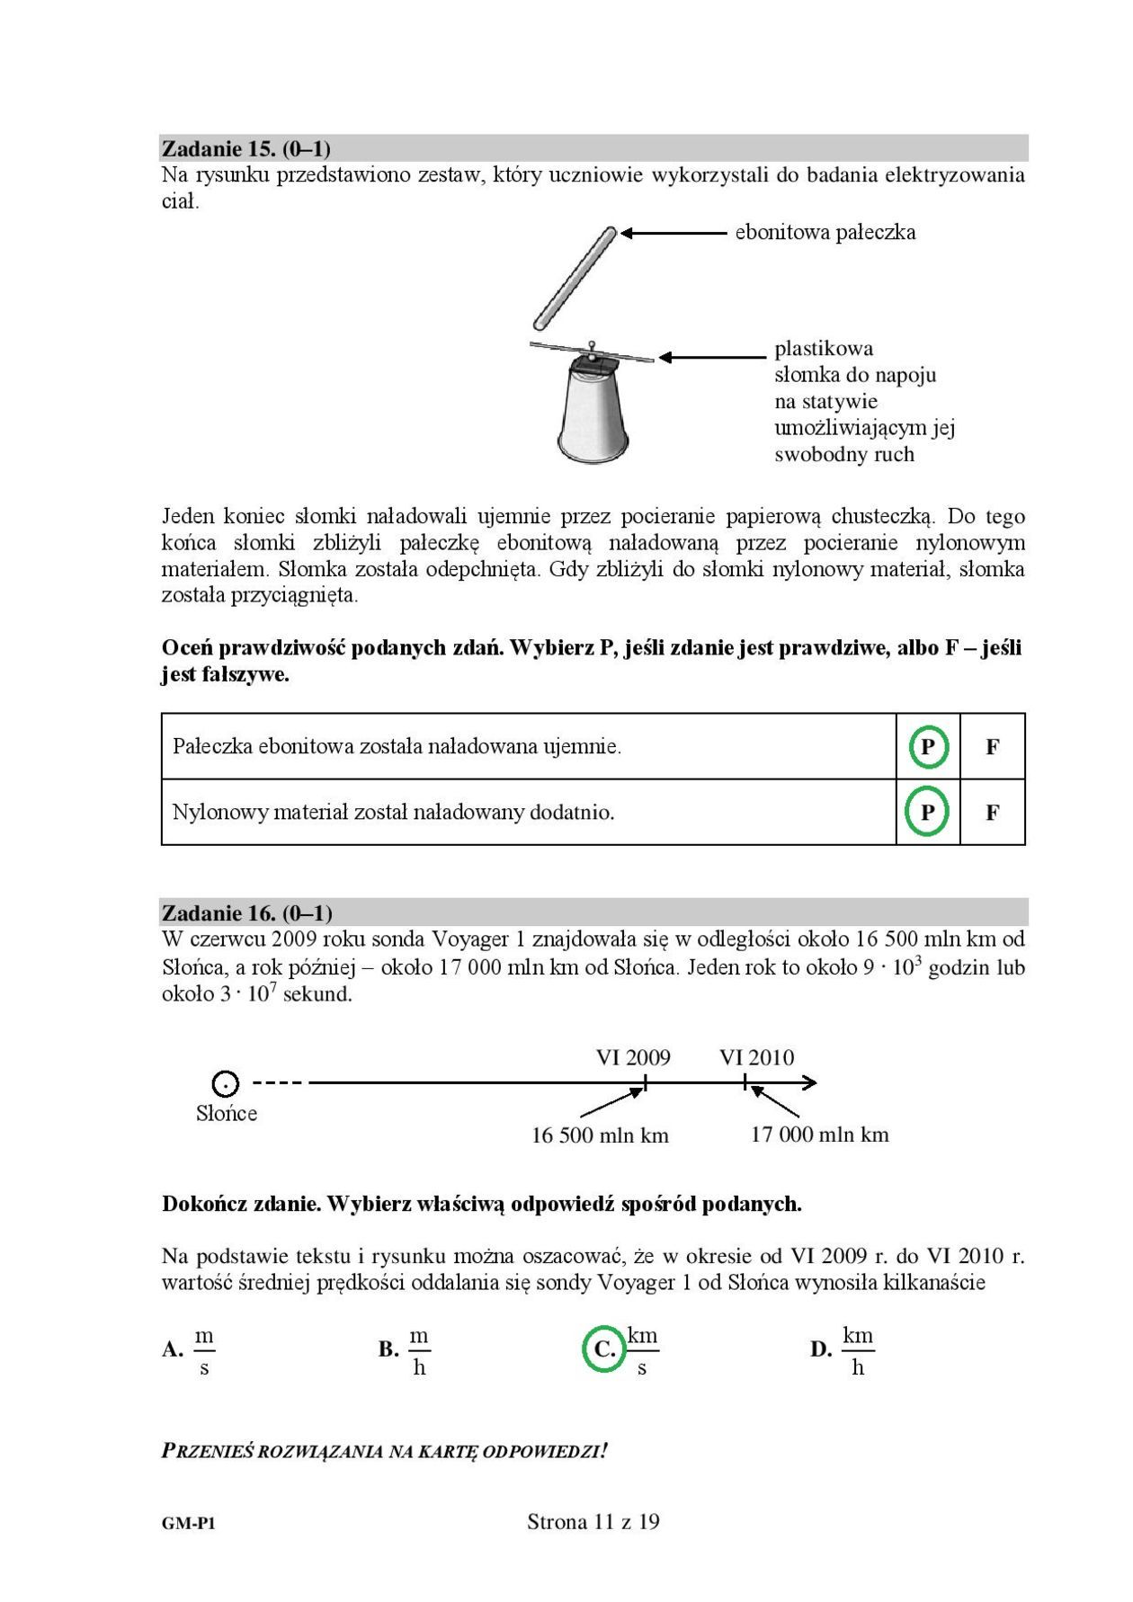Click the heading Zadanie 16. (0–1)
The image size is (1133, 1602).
point(247,913)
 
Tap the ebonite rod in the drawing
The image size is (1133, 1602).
point(575,279)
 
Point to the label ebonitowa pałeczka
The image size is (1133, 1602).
point(825,233)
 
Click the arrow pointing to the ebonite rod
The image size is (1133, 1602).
point(674,233)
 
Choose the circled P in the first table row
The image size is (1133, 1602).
point(928,746)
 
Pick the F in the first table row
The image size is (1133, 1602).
point(993,746)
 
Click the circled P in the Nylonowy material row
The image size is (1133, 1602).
point(928,813)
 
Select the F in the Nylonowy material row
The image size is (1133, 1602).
point(993,813)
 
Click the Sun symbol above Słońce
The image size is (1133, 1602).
point(226,1083)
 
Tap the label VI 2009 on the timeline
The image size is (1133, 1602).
point(633,1057)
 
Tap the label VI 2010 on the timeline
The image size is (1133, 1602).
point(756,1057)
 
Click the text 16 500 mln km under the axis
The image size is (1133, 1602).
point(600,1135)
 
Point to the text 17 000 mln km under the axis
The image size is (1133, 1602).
point(819,1135)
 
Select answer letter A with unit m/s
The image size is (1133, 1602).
point(173,1349)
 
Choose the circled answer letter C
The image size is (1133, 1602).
point(604,1349)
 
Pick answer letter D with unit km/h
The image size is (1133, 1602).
point(820,1349)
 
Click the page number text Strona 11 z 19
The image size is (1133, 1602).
point(593,1522)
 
